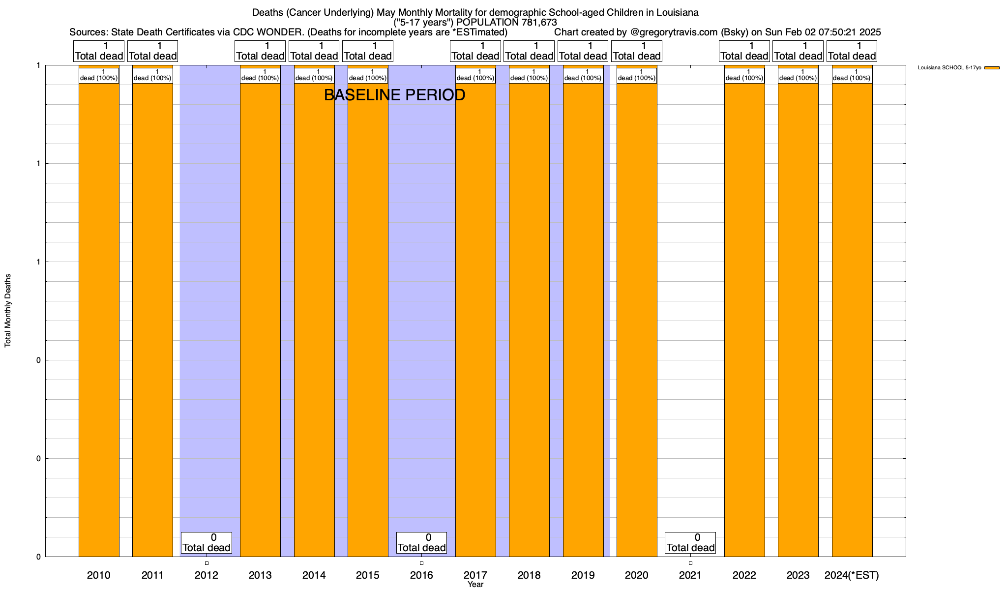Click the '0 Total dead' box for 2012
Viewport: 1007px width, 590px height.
(207, 543)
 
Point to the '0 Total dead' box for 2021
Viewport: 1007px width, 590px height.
(690, 543)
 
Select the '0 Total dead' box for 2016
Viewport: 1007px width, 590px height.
(421, 543)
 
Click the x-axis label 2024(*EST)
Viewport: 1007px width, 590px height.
(852, 575)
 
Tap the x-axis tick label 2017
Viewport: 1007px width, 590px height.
(475, 575)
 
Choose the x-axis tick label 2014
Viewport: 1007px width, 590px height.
(314, 575)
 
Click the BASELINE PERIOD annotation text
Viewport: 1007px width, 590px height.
(394, 95)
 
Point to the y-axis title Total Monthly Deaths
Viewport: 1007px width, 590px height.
(8, 311)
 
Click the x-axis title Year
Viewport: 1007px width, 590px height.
(475, 585)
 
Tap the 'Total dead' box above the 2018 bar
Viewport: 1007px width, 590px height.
(529, 51)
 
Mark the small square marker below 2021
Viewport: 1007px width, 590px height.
(690, 563)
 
